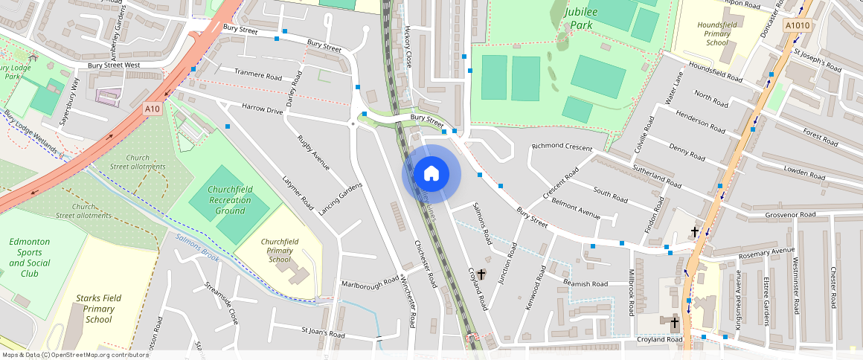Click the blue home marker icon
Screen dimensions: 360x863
point(431,174)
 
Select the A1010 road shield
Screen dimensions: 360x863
point(796,26)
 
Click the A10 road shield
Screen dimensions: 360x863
point(153,109)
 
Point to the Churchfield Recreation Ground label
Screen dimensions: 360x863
point(230,200)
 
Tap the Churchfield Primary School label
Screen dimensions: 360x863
point(280,251)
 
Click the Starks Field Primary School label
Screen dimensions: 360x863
point(98,309)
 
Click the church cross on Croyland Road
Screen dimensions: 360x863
point(481,274)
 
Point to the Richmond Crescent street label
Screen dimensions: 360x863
point(562,147)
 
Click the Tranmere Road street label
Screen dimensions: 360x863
point(258,74)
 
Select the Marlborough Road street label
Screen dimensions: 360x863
point(370,284)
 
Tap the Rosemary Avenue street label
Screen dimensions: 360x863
point(762,252)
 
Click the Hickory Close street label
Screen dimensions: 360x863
point(407,48)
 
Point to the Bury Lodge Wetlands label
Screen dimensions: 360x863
point(30,132)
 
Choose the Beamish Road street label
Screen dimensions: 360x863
point(586,283)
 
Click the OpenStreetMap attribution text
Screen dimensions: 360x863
point(74,355)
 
